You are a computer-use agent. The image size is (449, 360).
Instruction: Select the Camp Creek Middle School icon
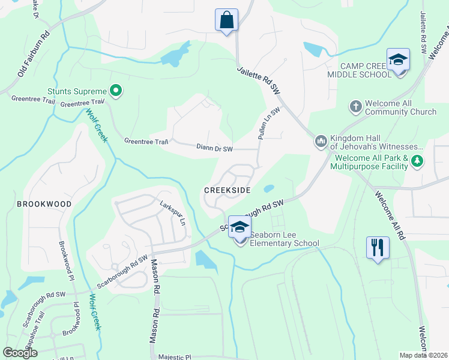point(398,60)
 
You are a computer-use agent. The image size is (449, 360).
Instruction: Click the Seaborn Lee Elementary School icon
point(240,227)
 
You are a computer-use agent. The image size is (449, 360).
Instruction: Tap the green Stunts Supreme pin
point(116,91)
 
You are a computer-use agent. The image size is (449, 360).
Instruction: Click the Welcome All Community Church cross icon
point(355,107)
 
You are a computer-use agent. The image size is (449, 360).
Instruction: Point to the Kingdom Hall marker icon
point(321,142)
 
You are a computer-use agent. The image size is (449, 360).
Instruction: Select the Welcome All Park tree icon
point(417,161)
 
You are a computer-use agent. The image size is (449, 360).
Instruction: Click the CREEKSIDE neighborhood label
point(227,190)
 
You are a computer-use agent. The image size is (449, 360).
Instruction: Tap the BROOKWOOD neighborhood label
point(44,204)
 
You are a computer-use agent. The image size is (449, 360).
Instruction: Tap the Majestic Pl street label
point(174,356)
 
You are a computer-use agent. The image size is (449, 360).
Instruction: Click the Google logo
point(20,353)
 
